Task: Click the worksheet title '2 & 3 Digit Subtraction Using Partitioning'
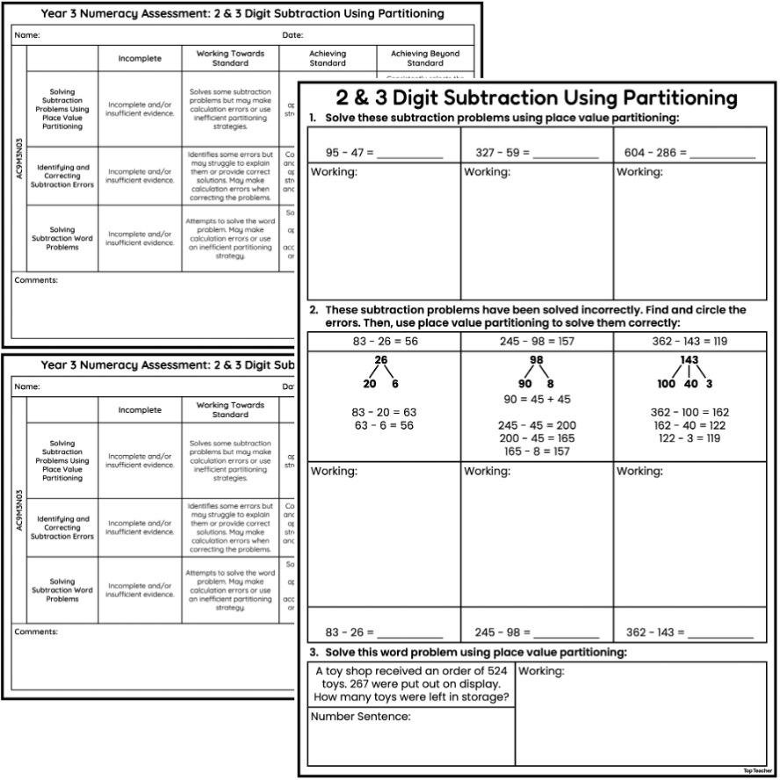tap(536, 97)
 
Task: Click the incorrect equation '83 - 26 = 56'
tap(385, 342)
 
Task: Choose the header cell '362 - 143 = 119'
tap(690, 342)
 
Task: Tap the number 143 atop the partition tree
tap(690, 360)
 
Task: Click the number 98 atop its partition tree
tap(537, 360)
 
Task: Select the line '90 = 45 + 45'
tap(537, 399)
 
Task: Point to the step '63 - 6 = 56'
tap(383, 425)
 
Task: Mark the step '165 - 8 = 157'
tap(537, 451)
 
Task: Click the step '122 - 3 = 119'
tap(690, 438)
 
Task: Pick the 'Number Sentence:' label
tap(360, 717)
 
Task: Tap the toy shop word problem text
tap(411, 683)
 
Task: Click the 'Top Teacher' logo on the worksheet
tap(755, 770)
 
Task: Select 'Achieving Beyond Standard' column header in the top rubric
tap(425, 58)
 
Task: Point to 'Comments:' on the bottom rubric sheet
tap(36, 632)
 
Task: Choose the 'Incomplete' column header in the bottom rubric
tap(141, 410)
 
